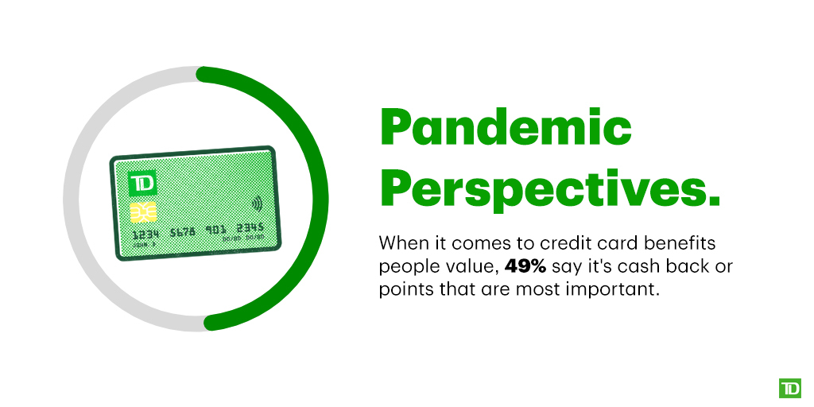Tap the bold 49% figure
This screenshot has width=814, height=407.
pos(525,267)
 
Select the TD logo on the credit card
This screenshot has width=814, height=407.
pos(142,184)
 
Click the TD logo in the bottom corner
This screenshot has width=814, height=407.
pos(789,388)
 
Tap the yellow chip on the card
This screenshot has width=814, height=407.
pos(143,212)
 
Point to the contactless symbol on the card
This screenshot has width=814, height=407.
pos(257,203)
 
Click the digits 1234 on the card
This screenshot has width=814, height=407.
pos(145,235)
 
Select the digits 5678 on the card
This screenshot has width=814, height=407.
pos(183,232)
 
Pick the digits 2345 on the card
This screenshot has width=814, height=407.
pos(250,228)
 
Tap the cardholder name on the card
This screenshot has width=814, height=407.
pos(144,244)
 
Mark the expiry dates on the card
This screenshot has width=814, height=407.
pos(243,238)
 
